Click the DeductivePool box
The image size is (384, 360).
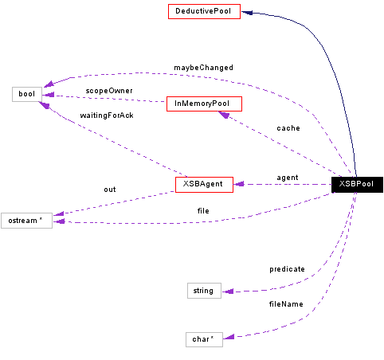coord(203,12)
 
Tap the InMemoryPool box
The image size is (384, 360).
coord(203,104)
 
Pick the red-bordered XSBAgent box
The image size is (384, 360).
coord(205,184)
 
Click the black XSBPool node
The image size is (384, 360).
coord(357,184)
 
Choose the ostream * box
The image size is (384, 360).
coord(26,221)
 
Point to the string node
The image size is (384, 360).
coord(203,291)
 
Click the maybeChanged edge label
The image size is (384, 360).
coord(203,68)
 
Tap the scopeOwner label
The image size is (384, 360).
coord(109,91)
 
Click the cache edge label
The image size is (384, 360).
coord(288,128)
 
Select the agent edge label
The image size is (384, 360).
coord(287,177)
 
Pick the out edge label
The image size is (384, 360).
coord(110,190)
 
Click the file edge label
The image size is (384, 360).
coord(203,211)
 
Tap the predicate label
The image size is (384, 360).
coord(287,269)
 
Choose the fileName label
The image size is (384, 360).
coord(285,304)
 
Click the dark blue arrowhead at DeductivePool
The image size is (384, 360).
coord(247,12)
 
